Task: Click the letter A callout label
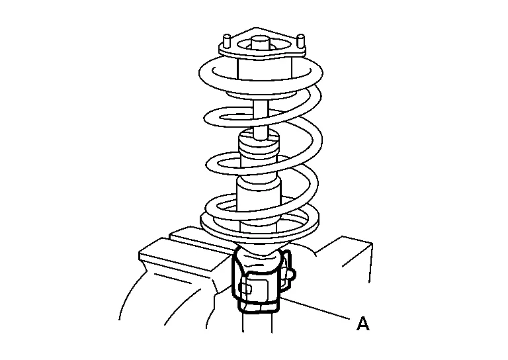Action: click(x=363, y=324)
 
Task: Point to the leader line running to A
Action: click(x=316, y=308)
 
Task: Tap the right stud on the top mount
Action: click(x=301, y=41)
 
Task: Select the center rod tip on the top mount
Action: click(x=261, y=42)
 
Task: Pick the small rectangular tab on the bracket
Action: click(x=246, y=287)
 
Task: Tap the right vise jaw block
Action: click(x=343, y=259)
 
